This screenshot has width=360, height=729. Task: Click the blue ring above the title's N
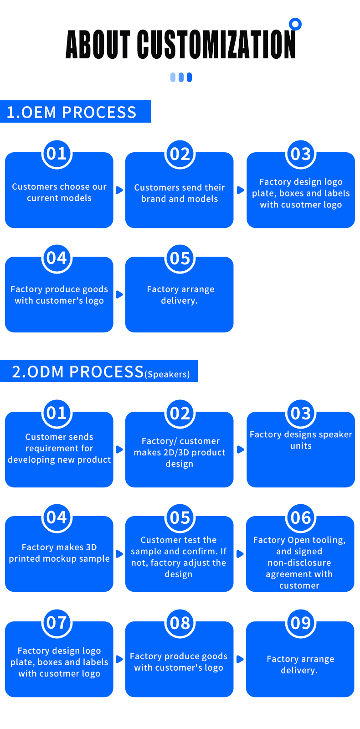click(x=295, y=24)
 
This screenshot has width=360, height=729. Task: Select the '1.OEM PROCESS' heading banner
click(x=75, y=112)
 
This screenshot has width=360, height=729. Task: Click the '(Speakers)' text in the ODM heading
click(x=167, y=374)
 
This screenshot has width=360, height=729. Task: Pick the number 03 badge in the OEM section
click(x=301, y=154)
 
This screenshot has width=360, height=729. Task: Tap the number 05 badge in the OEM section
click(x=180, y=259)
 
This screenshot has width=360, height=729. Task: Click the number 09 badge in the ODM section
click(x=300, y=623)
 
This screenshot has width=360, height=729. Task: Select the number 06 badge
click(x=300, y=518)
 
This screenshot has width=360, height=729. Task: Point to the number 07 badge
click(x=57, y=623)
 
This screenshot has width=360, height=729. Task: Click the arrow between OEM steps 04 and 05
click(x=119, y=295)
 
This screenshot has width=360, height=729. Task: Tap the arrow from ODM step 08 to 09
click(x=240, y=659)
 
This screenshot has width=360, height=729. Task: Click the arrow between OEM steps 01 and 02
click(x=119, y=190)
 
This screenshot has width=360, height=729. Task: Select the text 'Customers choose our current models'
click(x=59, y=192)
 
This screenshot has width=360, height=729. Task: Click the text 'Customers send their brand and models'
click(x=180, y=193)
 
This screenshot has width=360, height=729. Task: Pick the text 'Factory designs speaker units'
click(x=301, y=440)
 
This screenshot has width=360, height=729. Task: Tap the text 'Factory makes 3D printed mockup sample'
click(x=59, y=553)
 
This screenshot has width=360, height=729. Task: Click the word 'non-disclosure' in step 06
click(x=299, y=563)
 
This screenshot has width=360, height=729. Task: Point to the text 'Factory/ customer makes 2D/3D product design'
click(x=180, y=452)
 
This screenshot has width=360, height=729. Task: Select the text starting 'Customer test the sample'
click(x=179, y=557)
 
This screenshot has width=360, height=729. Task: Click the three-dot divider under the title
click(x=181, y=78)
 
